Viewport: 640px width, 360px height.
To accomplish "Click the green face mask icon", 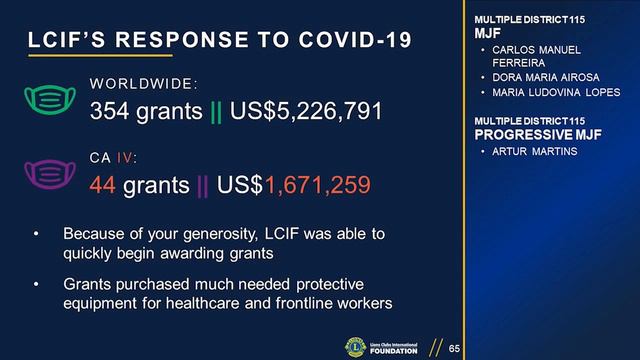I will point(51,98).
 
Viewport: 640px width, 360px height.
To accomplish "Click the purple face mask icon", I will point(51,172).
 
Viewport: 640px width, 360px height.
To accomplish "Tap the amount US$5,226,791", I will point(306,111).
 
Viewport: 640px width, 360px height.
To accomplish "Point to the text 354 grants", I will point(146,111).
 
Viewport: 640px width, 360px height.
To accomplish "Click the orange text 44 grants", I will point(139,185).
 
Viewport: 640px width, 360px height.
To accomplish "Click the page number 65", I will point(454,348).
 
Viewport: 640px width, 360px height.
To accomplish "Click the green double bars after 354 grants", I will point(216,111).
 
